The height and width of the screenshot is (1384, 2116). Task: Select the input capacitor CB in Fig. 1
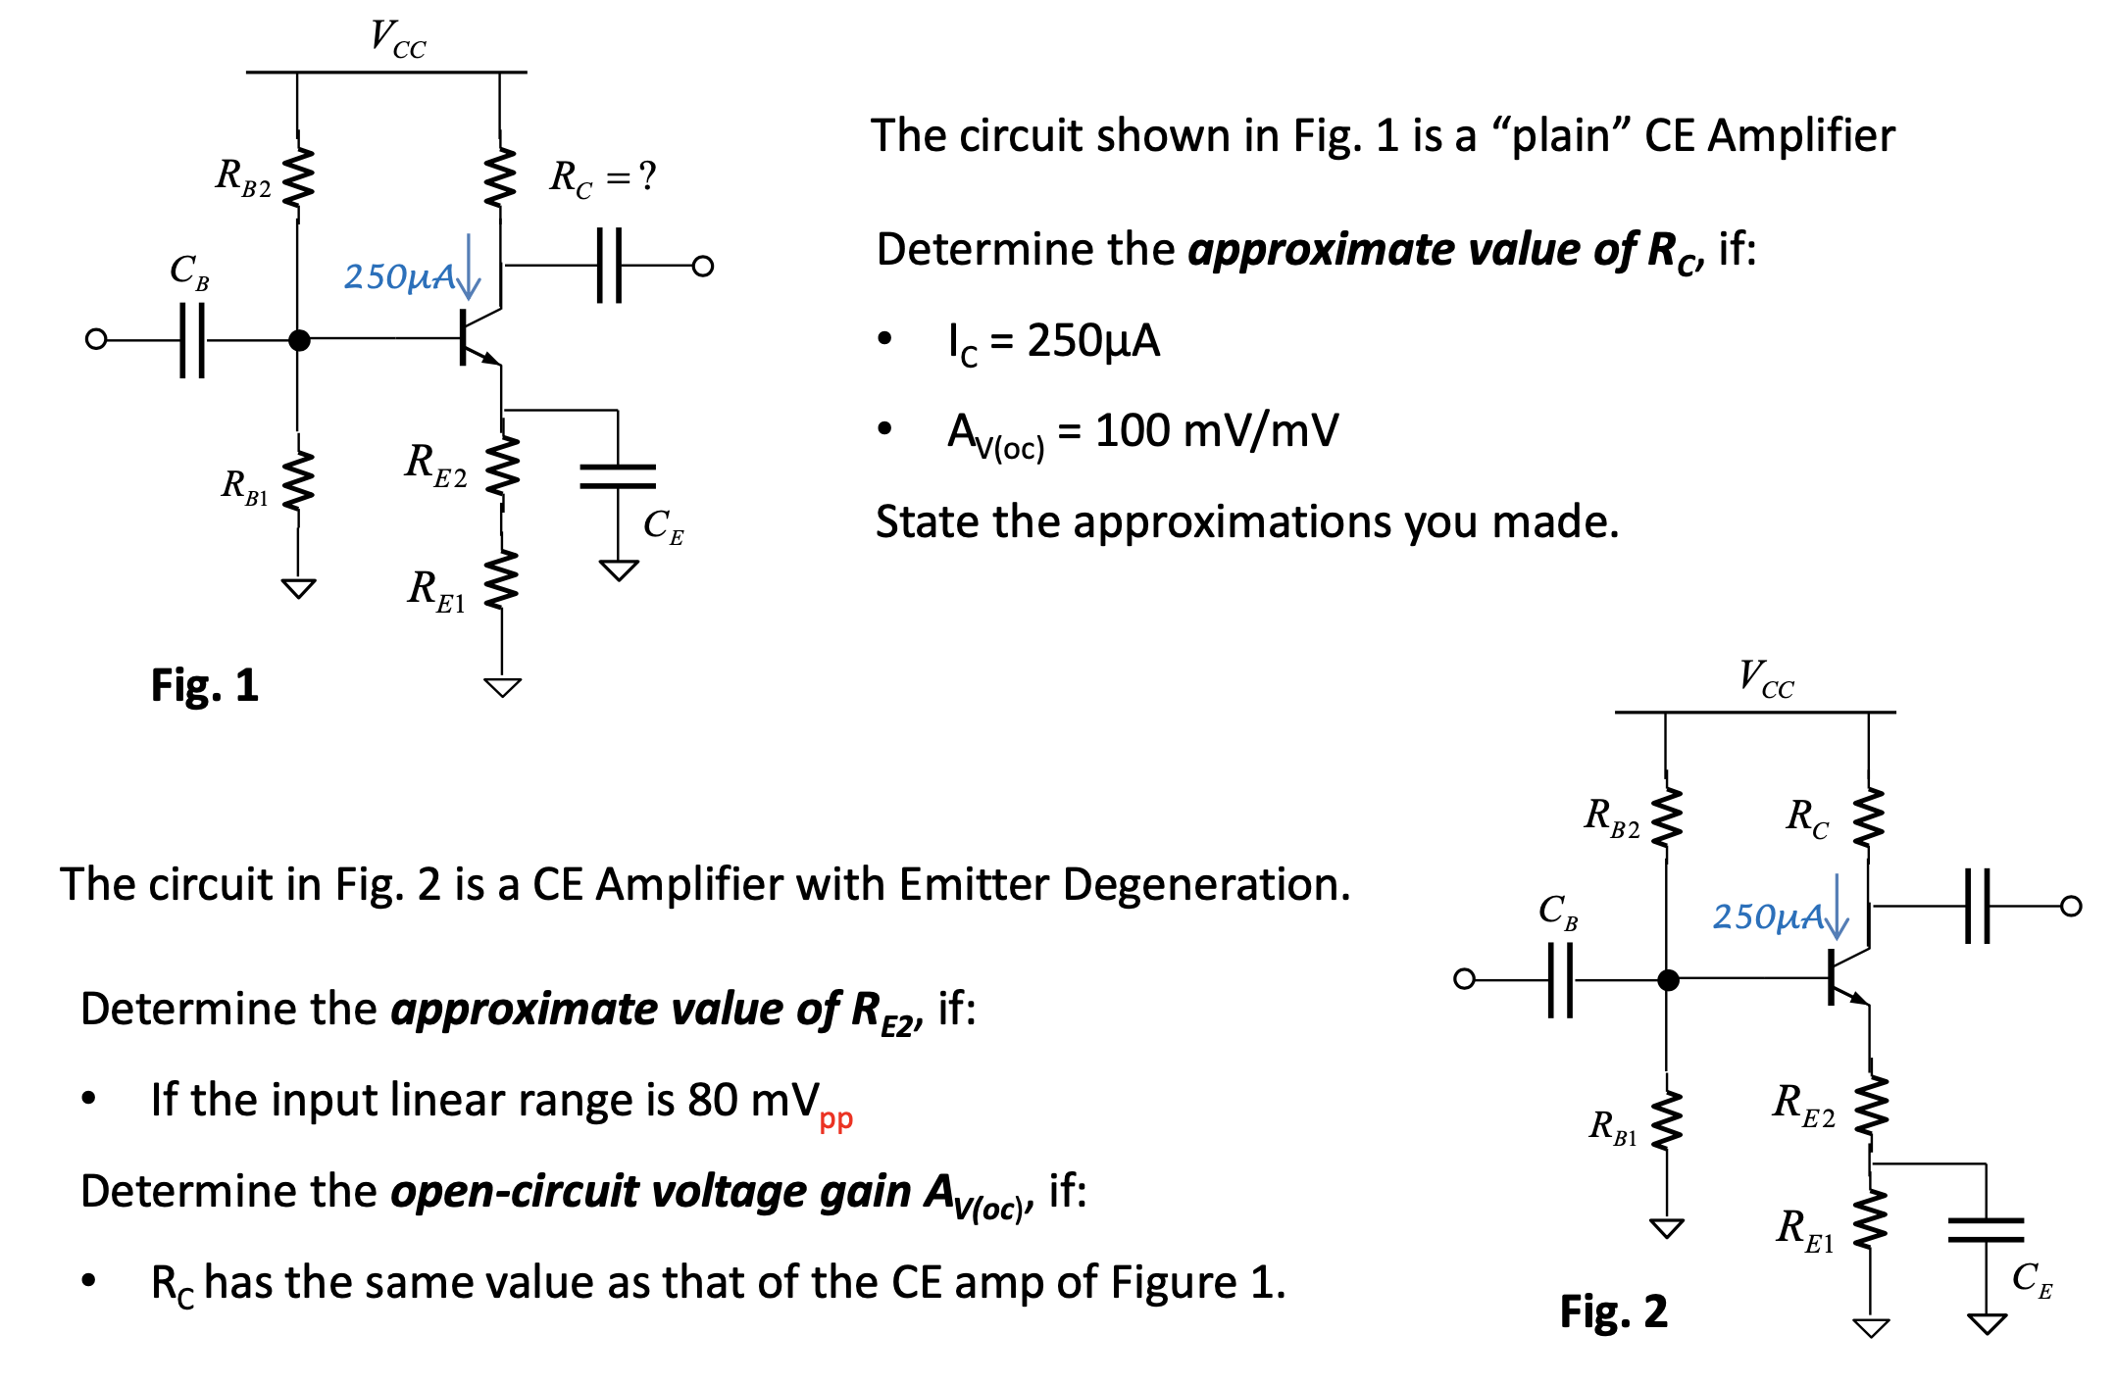192,340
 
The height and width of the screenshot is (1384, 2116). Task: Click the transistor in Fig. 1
478,338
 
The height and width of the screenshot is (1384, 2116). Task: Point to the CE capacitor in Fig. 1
618,476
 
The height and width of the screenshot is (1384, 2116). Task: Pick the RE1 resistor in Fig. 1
502,580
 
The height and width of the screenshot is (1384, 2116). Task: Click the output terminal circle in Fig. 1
702,266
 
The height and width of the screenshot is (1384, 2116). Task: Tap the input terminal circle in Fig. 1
96,339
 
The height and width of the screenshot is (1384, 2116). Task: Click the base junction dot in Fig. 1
299,340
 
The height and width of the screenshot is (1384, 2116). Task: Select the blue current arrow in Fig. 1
469,267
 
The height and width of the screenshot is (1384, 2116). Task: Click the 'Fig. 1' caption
204,685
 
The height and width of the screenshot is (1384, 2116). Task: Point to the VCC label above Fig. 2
1765,677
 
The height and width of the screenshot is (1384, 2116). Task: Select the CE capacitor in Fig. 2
1986,1229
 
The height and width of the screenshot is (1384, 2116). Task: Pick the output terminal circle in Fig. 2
2071,906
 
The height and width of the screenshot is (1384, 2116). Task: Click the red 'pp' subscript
835,1119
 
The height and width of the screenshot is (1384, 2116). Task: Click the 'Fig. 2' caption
1613,1311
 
